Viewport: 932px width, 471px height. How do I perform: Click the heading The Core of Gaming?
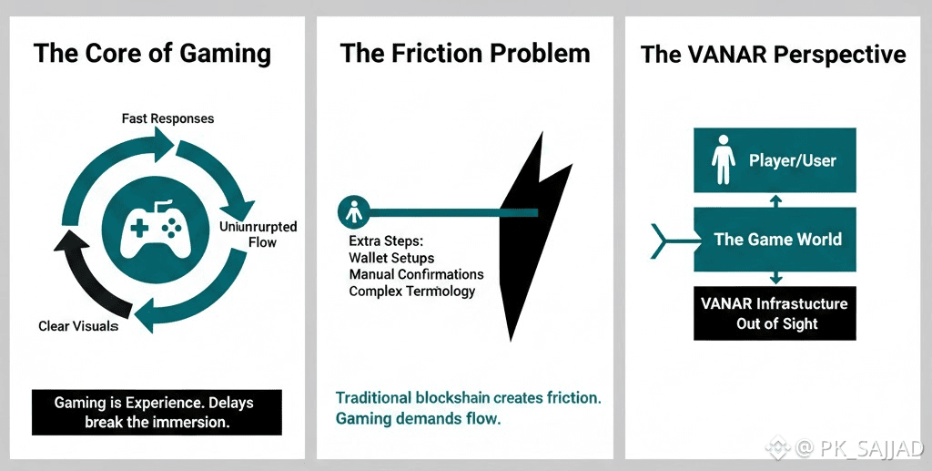(152, 53)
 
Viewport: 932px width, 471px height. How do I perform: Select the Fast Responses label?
(168, 119)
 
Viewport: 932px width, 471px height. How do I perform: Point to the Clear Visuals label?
(78, 326)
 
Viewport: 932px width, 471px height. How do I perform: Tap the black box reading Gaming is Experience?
(156, 412)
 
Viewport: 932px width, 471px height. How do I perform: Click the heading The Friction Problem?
(465, 53)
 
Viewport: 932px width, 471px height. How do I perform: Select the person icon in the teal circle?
(351, 212)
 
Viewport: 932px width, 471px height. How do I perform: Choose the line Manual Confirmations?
(416, 274)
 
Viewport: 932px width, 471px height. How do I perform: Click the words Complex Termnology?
(411, 292)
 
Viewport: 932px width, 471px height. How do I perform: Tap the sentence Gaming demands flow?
(418, 419)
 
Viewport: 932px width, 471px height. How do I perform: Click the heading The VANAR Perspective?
(773, 54)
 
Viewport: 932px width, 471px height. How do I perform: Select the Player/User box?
(775, 160)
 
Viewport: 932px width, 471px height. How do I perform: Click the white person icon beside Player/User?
(724, 160)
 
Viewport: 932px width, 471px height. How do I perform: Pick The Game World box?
(775, 239)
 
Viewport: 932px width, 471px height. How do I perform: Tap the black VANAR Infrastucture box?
(775, 312)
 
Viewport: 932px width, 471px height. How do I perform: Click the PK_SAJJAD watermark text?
(870, 448)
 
